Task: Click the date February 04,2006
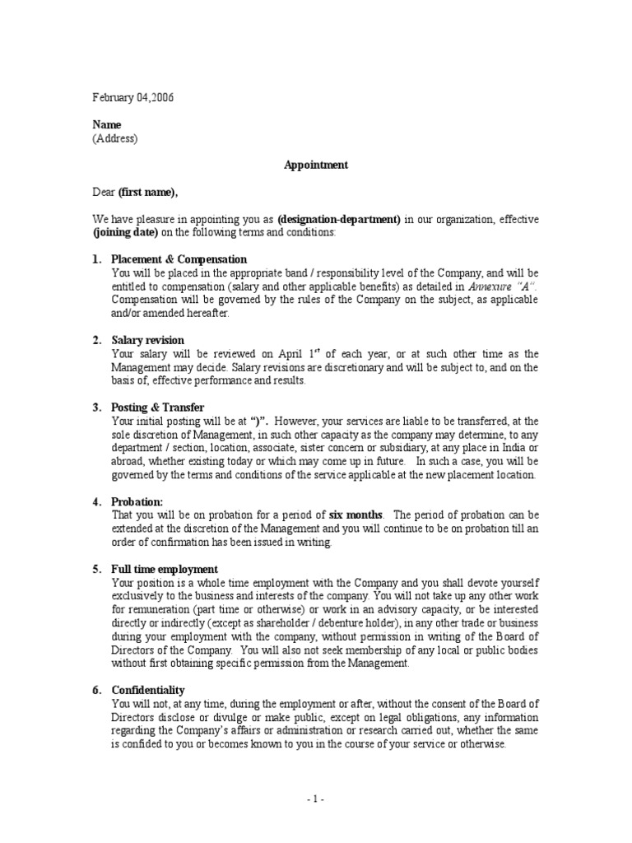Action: (132, 98)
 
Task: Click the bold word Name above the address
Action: (106, 124)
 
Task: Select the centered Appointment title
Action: (316, 165)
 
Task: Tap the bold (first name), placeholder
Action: (147, 193)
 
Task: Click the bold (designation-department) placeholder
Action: (339, 219)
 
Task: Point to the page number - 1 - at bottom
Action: (316, 799)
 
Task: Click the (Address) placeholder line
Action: (114, 137)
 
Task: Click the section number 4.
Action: (96, 501)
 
